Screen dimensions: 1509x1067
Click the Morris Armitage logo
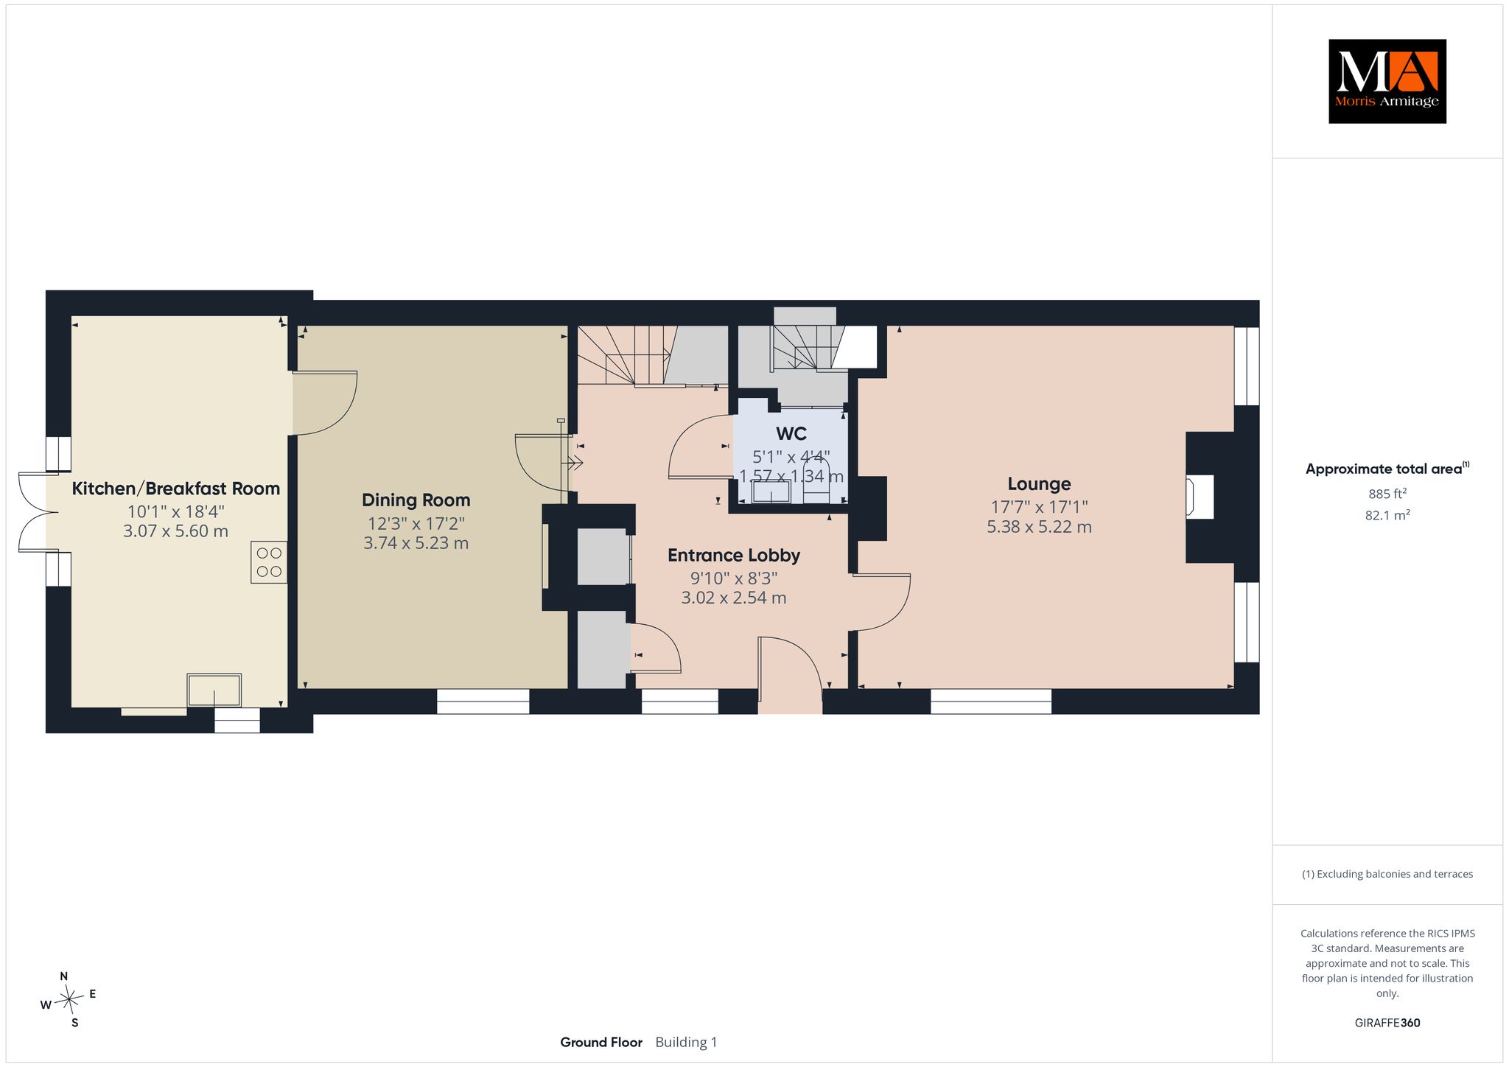tap(1387, 81)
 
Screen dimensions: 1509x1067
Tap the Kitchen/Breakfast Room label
tap(176, 489)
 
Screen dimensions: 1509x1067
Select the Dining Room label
tap(416, 500)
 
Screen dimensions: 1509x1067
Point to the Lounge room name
tap(1039, 484)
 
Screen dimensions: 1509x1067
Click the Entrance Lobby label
tap(734, 556)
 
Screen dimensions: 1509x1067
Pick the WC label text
tap(791, 433)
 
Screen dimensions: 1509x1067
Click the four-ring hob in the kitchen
tap(269, 562)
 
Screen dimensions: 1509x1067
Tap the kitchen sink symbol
tap(214, 690)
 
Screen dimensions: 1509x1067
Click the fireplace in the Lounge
tap(1200, 497)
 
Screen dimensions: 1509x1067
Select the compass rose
tap(69, 999)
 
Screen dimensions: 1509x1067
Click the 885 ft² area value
tap(1387, 494)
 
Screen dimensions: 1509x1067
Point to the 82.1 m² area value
tap(1387, 515)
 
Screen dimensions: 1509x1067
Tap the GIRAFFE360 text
tap(1387, 1023)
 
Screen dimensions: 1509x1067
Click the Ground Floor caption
tap(601, 1042)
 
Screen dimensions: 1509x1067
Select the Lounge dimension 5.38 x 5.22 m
tap(1039, 527)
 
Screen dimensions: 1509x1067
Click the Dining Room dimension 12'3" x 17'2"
tap(416, 523)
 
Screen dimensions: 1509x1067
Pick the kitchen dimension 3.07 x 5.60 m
tap(176, 531)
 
